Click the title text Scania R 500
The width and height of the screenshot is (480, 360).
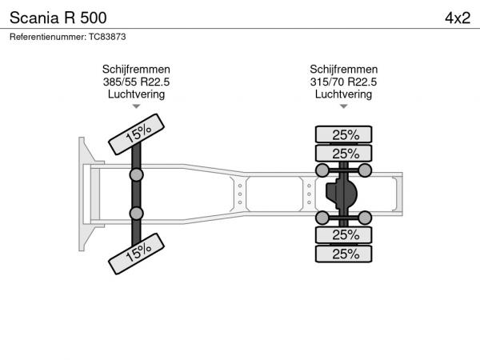click(x=58, y=18)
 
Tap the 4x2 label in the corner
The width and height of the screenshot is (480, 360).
click(x=458, y=18)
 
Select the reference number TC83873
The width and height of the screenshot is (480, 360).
click(x=107, y=37)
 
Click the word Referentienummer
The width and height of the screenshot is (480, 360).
click(x=48, y=37)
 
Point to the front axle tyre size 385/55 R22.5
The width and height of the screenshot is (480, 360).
click(x=136, y=82)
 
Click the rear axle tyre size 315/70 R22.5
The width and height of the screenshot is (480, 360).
click(x=343, y=82)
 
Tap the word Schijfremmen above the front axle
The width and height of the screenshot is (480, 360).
click(x=136, y=69)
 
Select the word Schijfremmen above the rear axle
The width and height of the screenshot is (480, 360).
click(x=343, y=69)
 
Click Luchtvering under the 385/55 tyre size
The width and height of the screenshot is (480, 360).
click(x=136, y=94)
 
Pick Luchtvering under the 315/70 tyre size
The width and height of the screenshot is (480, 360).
click(x=343, y=94)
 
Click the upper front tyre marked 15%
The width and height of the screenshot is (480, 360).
click(x=136, y=134)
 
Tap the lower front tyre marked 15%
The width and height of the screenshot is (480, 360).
click(x=136, y=254)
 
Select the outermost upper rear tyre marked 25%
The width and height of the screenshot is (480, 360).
click(x=343, y=134)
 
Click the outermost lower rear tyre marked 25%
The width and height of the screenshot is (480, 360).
click(x=343, y=254)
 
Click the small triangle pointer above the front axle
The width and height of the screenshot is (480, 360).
click(x=136, y=106)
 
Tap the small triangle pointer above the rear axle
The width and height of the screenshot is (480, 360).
click(x=343, y=106)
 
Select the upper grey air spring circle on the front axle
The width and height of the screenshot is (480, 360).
click(x=136, y=175)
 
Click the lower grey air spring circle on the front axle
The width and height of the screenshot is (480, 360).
click(x=136, y=214)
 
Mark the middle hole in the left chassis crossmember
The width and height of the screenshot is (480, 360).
click(x=240, y=194)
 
